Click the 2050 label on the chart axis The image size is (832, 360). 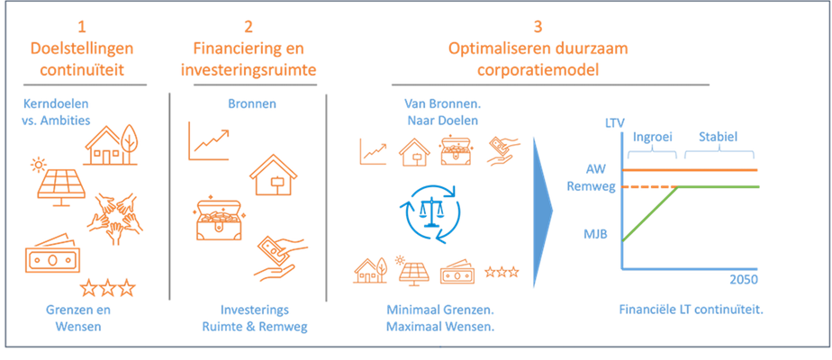(x=743, y=278)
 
